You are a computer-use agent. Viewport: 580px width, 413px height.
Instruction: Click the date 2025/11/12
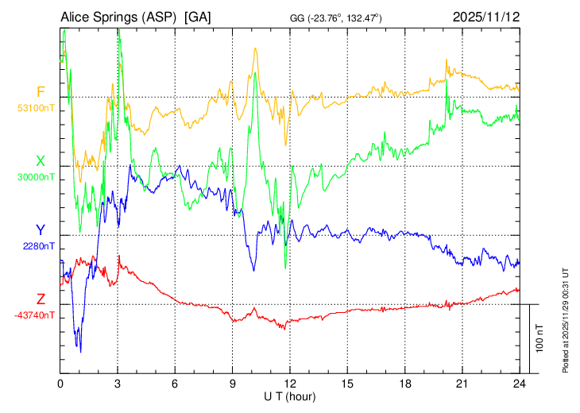click(x=485, y=17)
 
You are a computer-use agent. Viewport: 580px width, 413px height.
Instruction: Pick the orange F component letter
click(x=41, y=91)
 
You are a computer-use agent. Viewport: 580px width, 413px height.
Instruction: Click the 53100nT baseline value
click(x=37, y=107)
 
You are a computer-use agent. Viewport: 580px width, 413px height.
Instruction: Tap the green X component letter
click(x=41, y=161)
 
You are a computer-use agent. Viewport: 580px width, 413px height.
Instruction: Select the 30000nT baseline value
click(x=37, y=176)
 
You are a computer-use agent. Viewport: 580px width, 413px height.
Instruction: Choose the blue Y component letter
click(x=41, y=230)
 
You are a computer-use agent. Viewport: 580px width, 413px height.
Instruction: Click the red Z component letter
click(x=41, y=299)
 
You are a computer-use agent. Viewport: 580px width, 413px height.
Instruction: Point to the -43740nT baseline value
click(x=35, y=315)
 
